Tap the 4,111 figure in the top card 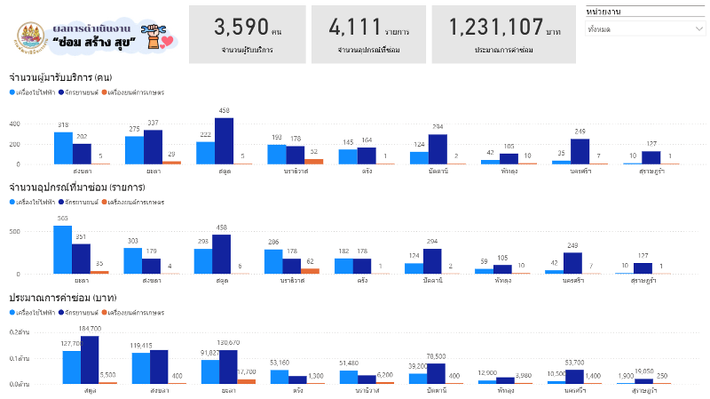click(x=352, y=27)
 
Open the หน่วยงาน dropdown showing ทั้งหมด click(x=645, y=28)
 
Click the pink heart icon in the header click(x=168, y=41)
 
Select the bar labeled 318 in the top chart click(x=63, y=148)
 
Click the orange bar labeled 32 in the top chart click(x=313, y=161)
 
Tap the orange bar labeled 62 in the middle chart click(x=310, y=270)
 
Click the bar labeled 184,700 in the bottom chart click(x=90, y=359)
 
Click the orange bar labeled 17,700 click(x=246, y=380)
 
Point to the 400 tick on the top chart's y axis click(x=38, y=122)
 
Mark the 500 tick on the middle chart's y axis click(x=38, y=231)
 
